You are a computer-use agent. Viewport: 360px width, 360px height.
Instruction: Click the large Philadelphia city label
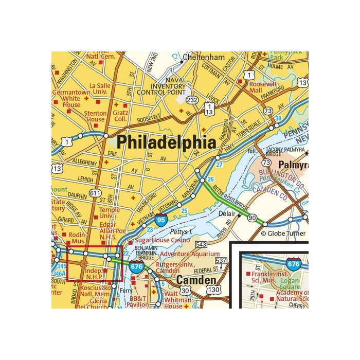click(x=166, y=142)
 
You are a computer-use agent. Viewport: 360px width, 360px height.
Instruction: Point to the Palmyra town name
click(x=293, y=165)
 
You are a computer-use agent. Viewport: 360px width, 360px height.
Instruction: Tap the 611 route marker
click(x=95, y=193)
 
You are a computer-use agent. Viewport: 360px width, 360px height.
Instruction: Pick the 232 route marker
click(x=192, y=100)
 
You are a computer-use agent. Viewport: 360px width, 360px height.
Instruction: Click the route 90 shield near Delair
click(x=251, y=219)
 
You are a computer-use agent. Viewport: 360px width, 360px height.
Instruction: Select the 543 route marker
click(x=201, y=244)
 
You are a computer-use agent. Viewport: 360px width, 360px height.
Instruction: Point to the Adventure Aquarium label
click(x=189, y=254)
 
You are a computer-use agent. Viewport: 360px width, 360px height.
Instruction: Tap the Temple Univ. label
click(x=109, y=213)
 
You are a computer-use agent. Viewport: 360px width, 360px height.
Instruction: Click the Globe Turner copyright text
click(x=284, y=233)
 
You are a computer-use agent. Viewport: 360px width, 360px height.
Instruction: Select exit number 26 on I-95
click(x=210, y=179)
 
